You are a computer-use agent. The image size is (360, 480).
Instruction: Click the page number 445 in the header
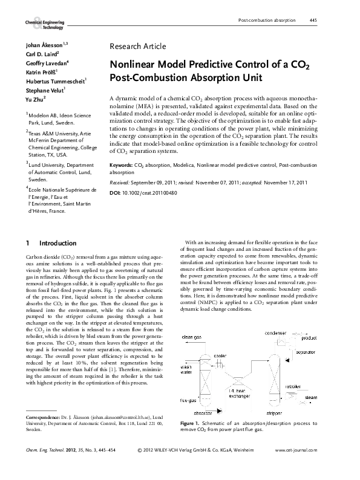point(313,20)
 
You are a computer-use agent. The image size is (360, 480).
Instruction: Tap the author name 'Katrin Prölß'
point(41,71)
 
